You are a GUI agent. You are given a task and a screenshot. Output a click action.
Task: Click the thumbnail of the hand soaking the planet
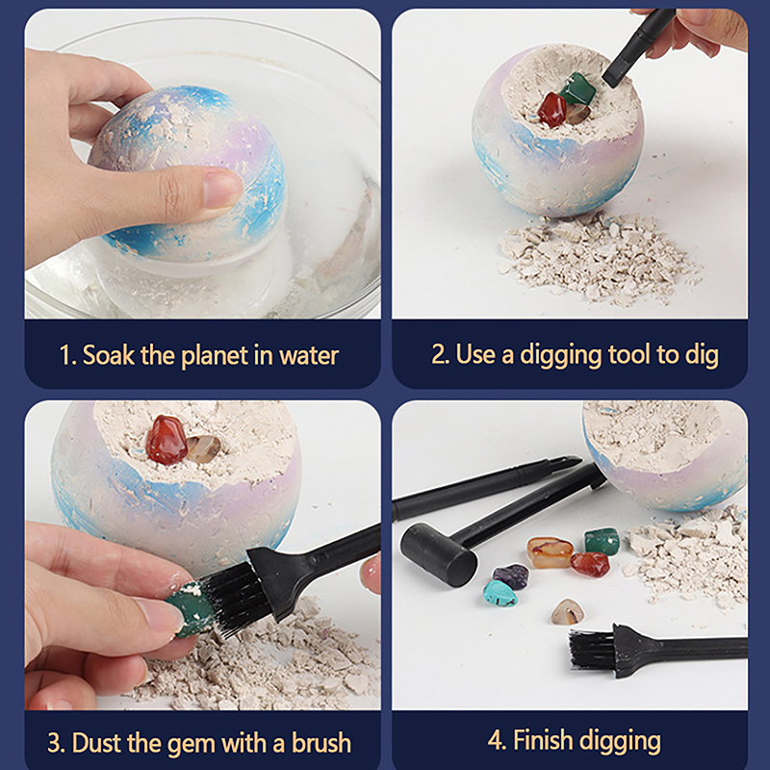[x=202, y=164]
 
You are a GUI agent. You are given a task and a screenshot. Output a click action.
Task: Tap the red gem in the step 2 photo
[x=552, y=110]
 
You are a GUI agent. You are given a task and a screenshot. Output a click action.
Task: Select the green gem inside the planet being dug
[x=578, y=89]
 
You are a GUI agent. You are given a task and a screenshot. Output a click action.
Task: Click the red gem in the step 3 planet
[x=166, y=440]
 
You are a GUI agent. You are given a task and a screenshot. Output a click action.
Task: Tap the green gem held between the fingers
[x=189, y=610]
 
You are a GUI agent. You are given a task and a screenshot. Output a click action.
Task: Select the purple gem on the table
[x=511, y=575]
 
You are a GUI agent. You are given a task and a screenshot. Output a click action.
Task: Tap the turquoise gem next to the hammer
[x=500, y=593]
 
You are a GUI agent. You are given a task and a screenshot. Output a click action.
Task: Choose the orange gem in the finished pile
[x=550, y=552]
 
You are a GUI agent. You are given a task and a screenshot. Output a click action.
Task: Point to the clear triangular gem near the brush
[x=567, y=612]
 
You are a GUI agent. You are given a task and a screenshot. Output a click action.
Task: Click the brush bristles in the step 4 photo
[x=591, y=649]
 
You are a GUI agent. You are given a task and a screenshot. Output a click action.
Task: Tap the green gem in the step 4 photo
[x=603, y=540]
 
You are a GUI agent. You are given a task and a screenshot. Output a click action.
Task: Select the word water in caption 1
[x=309, y=355]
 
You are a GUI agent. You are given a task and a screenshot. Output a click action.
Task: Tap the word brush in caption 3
[x=321, y=742]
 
